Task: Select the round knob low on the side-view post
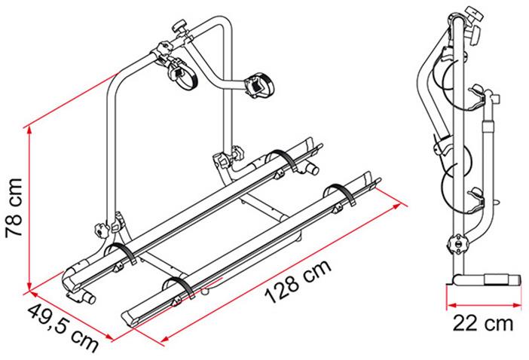[457, 246]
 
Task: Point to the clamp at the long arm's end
[258, 85]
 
